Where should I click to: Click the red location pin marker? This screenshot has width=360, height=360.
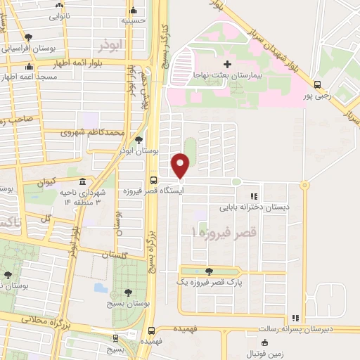[181, 166]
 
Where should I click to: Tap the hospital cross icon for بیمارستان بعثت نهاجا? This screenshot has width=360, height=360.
[227, 65]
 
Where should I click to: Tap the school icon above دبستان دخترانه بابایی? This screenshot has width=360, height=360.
[254, 197]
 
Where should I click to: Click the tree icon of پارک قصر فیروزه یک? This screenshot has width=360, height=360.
[208, 271]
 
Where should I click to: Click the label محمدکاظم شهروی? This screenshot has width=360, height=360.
[93, 132]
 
